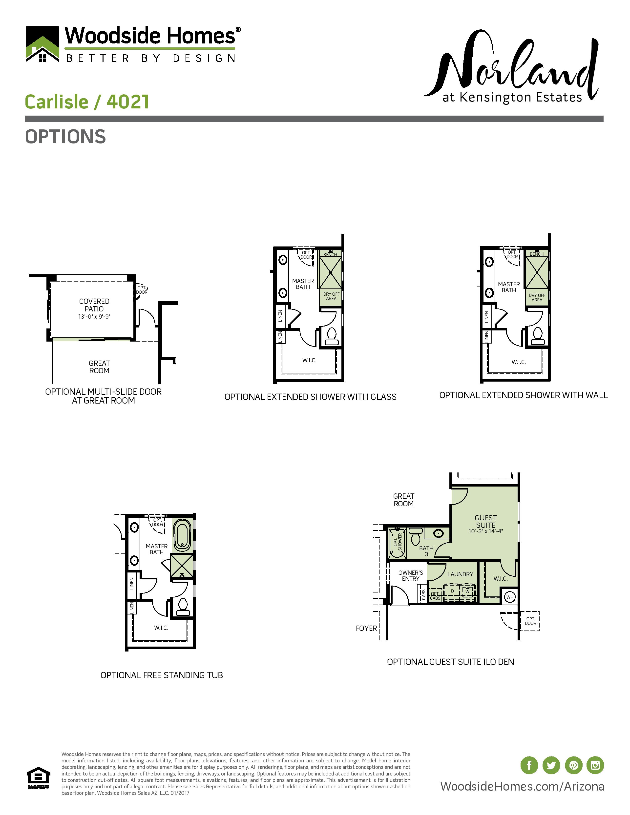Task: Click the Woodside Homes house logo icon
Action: click(42, 44)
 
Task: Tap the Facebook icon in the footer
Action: click(529, 765)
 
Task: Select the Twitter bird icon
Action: click(551, 765)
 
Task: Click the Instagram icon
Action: click(595, 765)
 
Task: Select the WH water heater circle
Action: click(510, 597)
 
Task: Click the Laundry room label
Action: click(460, 574)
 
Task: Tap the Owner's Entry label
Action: click(411, 575)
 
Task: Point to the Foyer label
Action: click(366, 629)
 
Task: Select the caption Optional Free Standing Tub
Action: click(162, 675)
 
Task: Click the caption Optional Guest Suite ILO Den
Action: click(450, 662)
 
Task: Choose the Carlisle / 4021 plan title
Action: click(87, 102)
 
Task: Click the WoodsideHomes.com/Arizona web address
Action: click(522, 786)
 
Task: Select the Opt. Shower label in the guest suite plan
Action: click(398, 542)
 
